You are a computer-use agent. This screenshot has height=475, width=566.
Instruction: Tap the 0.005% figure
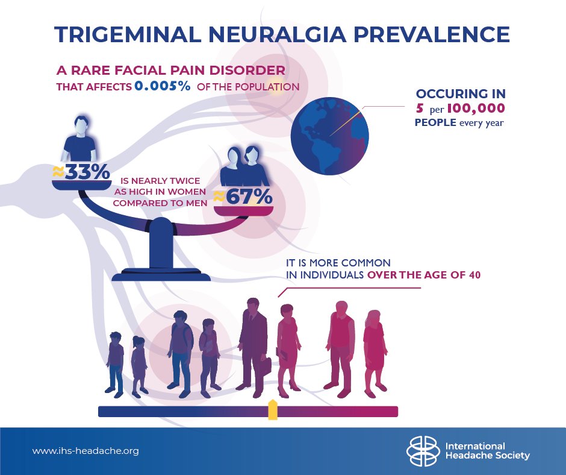[x=163, y=86]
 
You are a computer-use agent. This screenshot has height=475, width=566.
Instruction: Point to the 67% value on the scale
[x=243, y=197]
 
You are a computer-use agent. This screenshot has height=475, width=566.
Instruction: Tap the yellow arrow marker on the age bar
[x=272, y=409]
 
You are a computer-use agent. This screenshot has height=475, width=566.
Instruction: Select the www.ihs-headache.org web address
[x=86, y=451]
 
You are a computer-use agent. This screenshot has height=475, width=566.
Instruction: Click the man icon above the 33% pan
[x=81, y=140]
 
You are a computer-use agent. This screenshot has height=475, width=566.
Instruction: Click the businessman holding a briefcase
[x=253, y=347]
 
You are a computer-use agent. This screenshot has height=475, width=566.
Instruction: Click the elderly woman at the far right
[x=374, y=353]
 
